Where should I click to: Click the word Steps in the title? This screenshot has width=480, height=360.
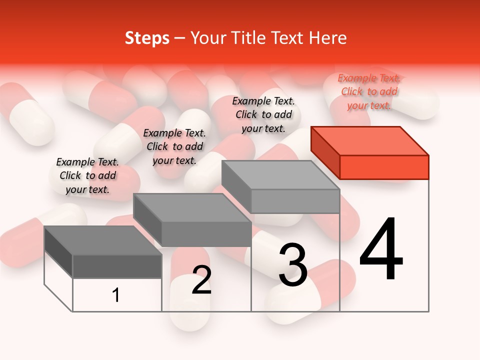coord(147,38)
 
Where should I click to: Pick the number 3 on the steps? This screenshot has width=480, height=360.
coord(293,265)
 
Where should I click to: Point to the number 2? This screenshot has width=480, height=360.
coord(201,280)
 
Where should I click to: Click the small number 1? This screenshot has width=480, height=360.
coord(116,295)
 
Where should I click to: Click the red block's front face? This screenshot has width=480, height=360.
coord(384,167)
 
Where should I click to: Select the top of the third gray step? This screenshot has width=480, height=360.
coord(280,175)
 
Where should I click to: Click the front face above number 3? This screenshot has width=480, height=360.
coord(295,201)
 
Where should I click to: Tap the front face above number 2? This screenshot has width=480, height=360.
coord(206,234)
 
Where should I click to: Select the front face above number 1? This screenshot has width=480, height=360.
coord(117,266)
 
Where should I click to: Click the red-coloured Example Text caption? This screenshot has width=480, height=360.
coord(369,91)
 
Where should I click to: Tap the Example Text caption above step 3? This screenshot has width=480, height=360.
coord(263,114)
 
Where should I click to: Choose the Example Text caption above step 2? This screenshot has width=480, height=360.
coord(174,146)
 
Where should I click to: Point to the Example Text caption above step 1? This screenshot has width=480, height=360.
coord(87,175)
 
